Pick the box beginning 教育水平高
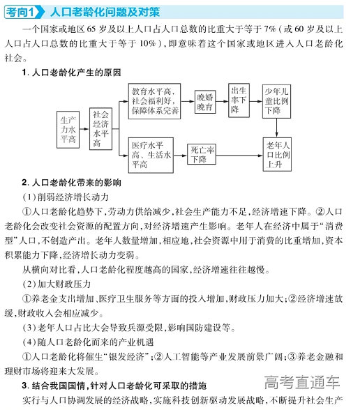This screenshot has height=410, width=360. (x=155, y=100)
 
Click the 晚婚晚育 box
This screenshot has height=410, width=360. (x=204, y=101)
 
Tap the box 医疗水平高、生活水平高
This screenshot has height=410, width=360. (x=151, y=155)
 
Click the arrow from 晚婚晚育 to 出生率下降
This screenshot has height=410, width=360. (x=224, y=101)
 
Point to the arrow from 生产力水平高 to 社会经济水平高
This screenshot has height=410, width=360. (x=85, y=128)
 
